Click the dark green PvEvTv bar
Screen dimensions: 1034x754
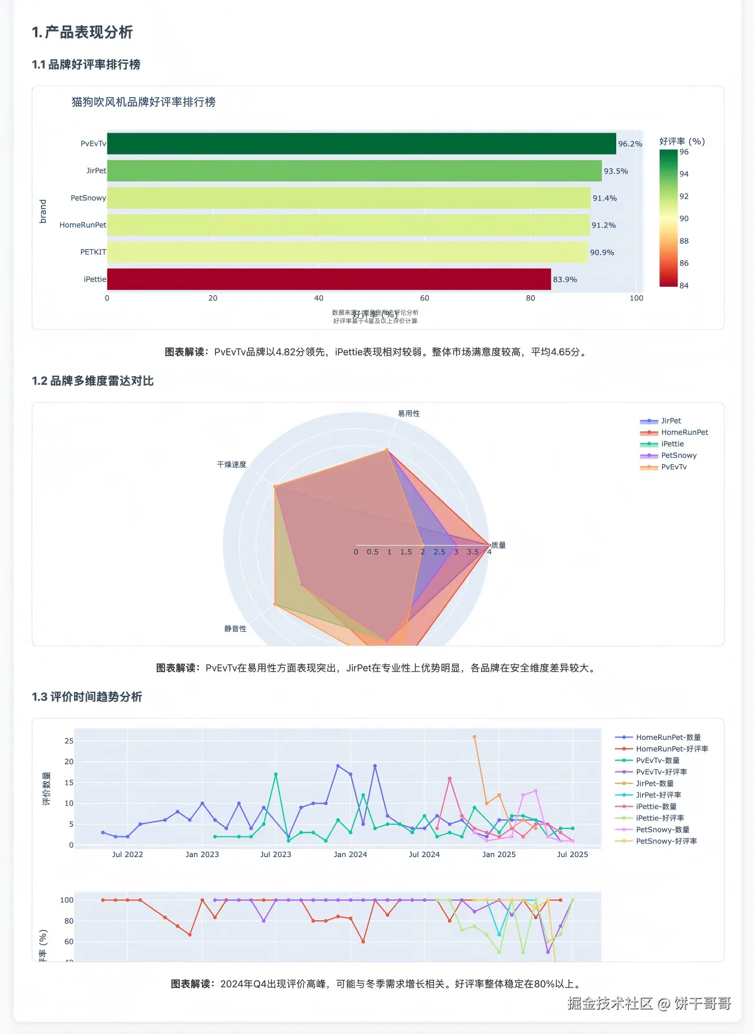[x=361, y=144]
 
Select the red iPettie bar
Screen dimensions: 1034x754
[x=328, y=279]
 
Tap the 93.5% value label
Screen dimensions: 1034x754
[x=616, y=171]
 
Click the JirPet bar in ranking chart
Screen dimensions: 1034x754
[x=354, y=171]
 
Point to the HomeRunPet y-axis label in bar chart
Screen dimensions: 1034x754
[x=83, y=225]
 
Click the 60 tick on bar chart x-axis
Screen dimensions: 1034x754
[x=424, y=298]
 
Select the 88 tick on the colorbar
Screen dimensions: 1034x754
[x=684, y=241]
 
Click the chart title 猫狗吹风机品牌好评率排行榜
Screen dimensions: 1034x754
[x=144, y=102]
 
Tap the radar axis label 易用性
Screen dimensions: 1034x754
[x=409, y=414]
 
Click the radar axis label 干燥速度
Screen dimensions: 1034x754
[x=231, y=465]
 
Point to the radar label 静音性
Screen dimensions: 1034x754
[x=235, y=629]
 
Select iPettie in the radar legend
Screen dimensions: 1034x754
[x=672, y=444]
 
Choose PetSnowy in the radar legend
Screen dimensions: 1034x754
[x=678, y=456]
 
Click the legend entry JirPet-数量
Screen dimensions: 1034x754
[x=655, y=784]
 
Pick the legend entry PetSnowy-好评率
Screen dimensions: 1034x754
[x=666, y=841]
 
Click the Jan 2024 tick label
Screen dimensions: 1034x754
[x=350, y=855]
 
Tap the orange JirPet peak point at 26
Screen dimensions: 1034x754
[x=474, y=737]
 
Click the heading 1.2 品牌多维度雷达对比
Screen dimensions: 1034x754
[x=93, y=381]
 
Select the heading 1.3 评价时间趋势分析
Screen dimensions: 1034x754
[x=87, y=697]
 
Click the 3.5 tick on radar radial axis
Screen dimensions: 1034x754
[x=473, y=552]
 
